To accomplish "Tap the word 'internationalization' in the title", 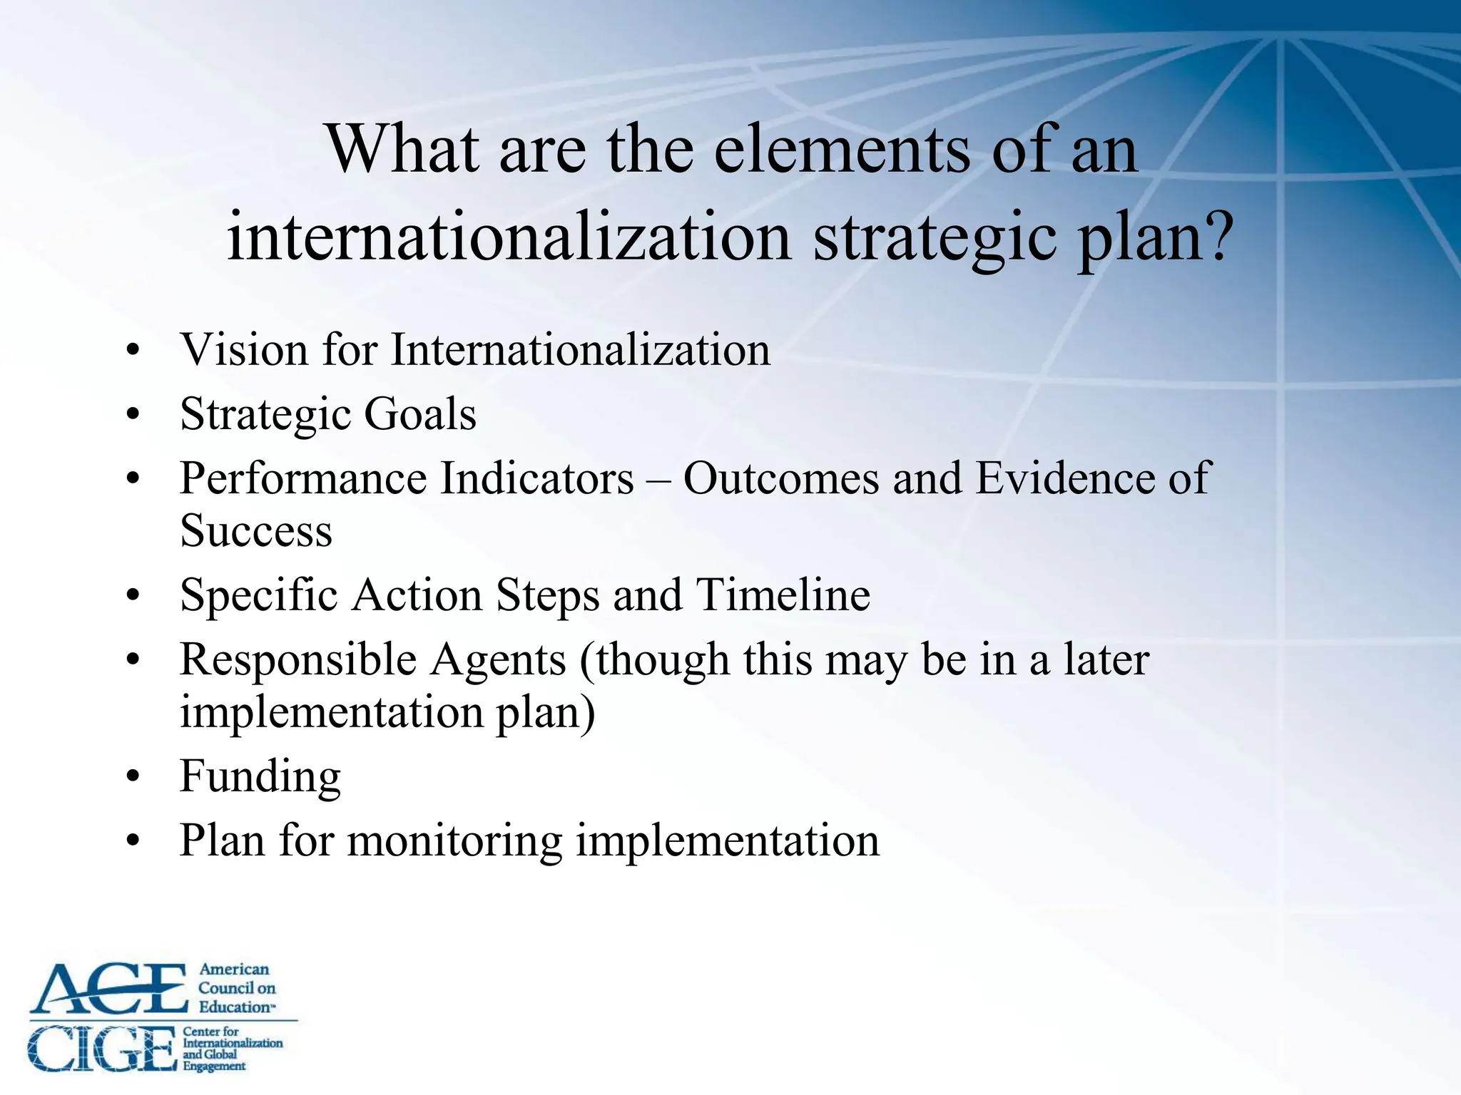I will point(509,236).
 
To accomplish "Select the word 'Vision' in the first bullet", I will point(243,350).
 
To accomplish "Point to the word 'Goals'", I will point(420,414).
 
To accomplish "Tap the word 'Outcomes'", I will point(781,478).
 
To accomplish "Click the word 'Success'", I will point(256,531).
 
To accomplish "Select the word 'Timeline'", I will point(783,595).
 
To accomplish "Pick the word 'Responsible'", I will point(298,659).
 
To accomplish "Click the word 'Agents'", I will point(498,659).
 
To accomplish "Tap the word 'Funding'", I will point(260,776).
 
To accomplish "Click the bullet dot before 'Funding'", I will point(133,778).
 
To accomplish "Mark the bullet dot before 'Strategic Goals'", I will point(133,416).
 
